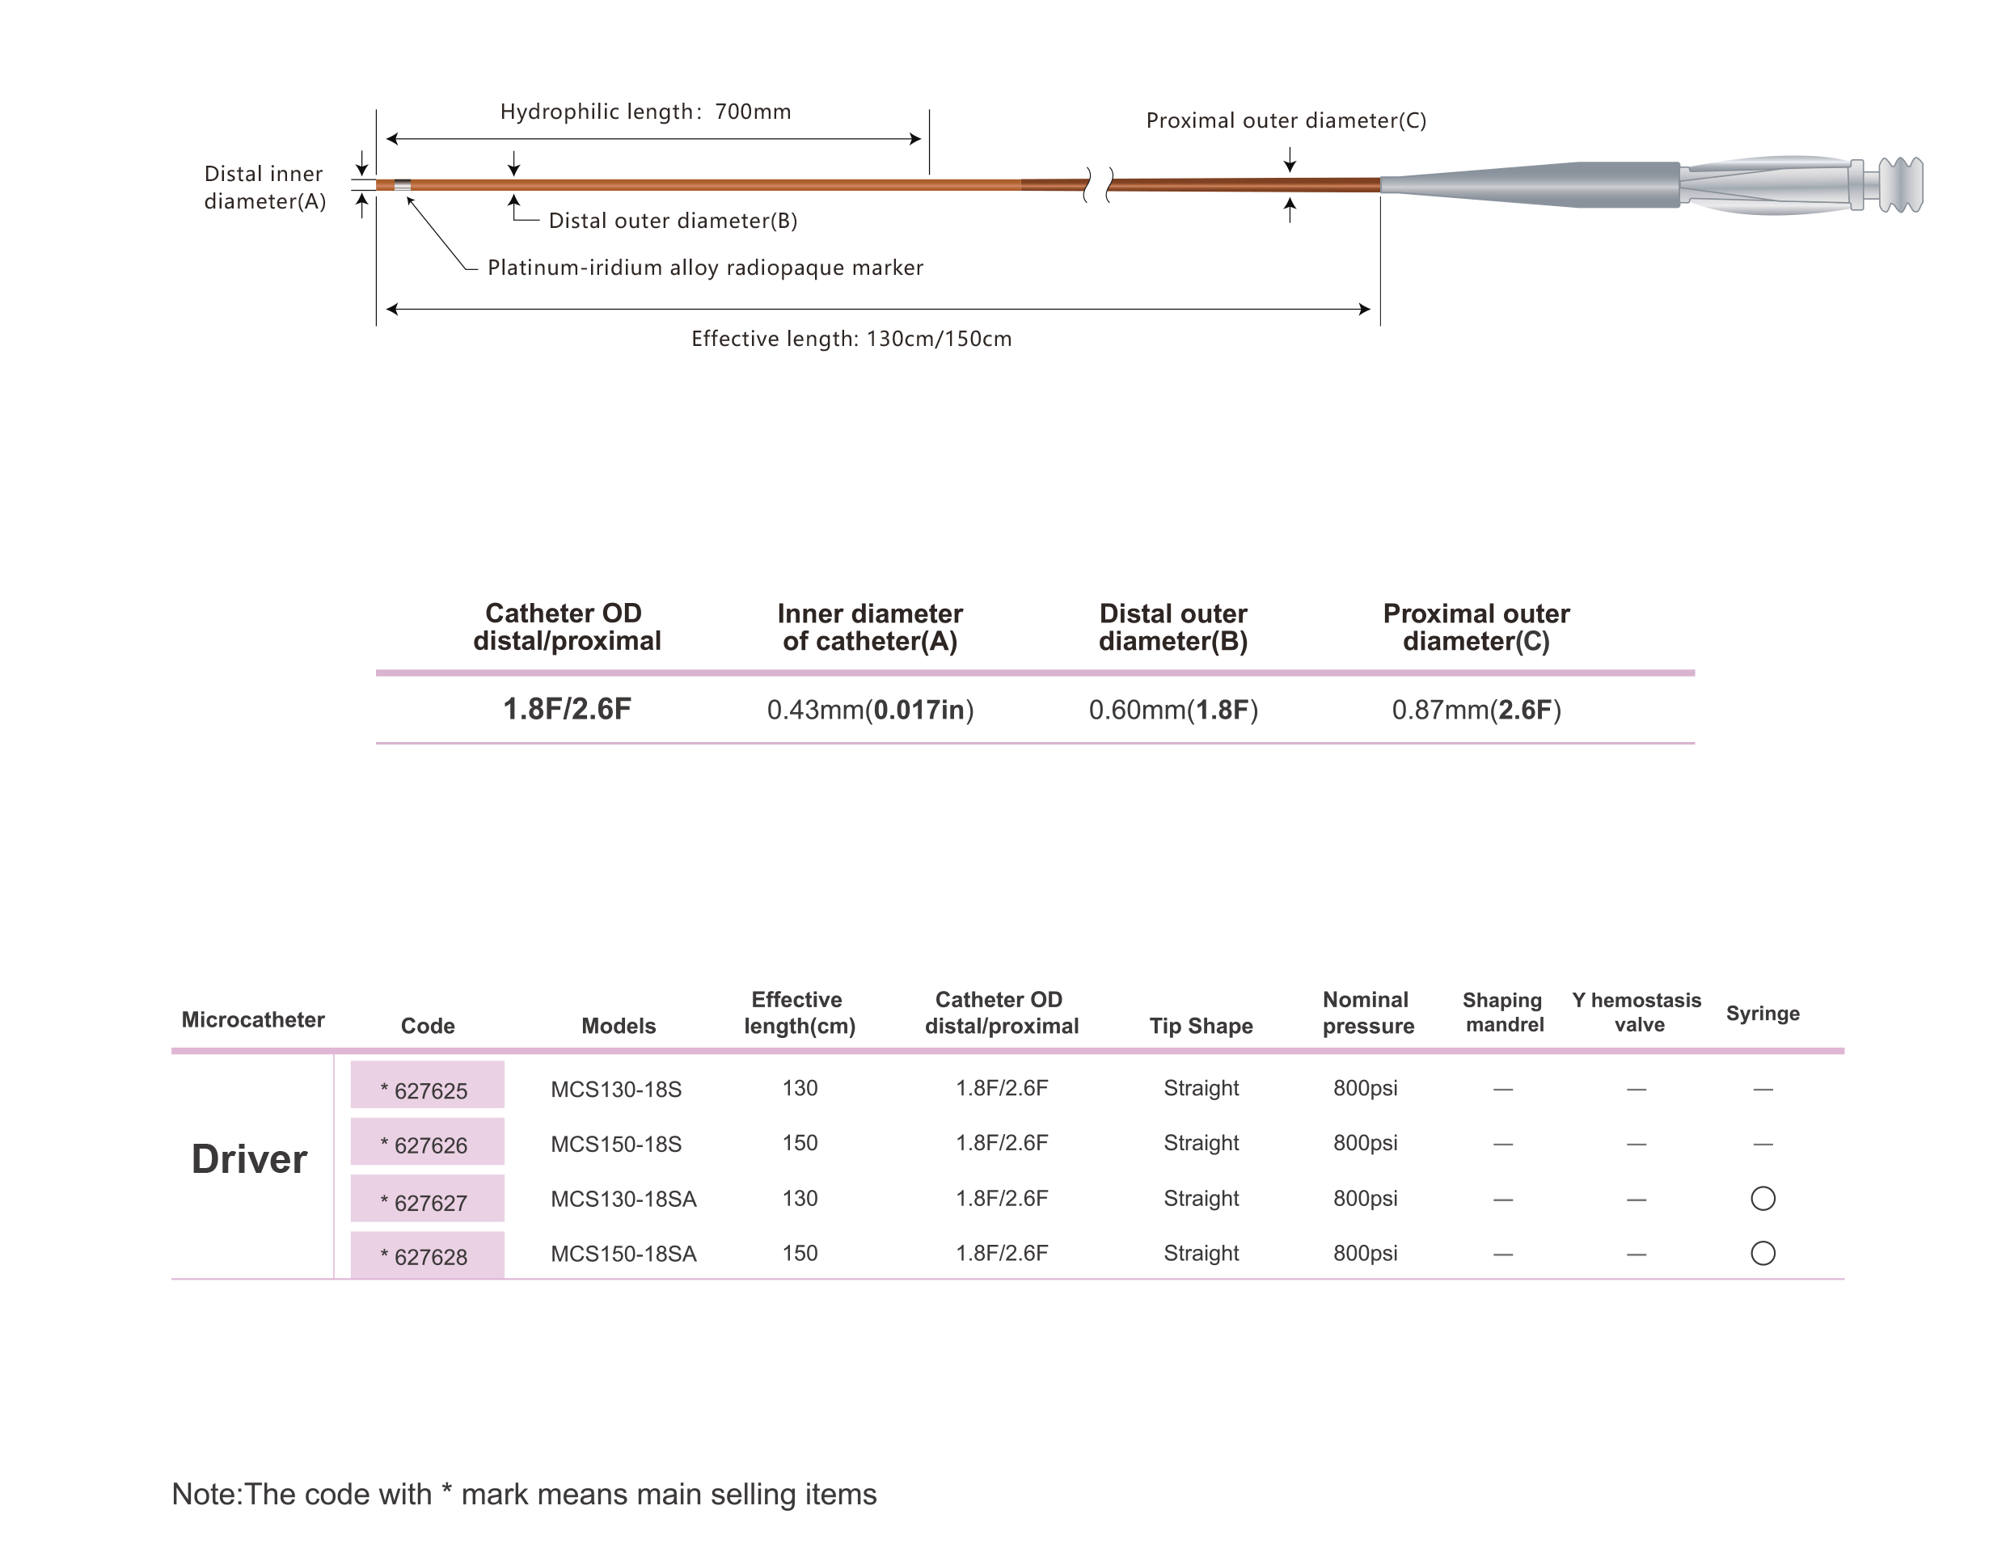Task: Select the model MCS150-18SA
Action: [623, 1254]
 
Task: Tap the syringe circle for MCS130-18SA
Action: [1763, 1199]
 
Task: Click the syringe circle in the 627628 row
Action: [1763, 1254]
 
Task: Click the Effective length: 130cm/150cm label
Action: [851, 339]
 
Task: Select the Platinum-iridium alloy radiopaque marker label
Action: [705, 268]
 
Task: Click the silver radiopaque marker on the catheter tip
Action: [403, 185]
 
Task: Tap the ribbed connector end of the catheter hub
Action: [1900, 184]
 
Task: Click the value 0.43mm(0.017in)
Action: [871, 710]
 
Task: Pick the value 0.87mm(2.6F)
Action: [1477, 710]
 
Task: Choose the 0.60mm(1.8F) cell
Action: [1174, 710]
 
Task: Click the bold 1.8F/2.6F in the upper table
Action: [567, 709]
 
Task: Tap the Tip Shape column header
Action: [1201, 1026]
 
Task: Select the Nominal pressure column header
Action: [1367, 1013]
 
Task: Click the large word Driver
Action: [249, 1159]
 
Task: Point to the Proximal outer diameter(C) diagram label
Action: [1286, 120]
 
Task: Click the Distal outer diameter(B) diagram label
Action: [674, 221]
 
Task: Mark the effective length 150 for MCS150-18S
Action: [800, 1143]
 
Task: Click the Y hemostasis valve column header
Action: [1636, 1012]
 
